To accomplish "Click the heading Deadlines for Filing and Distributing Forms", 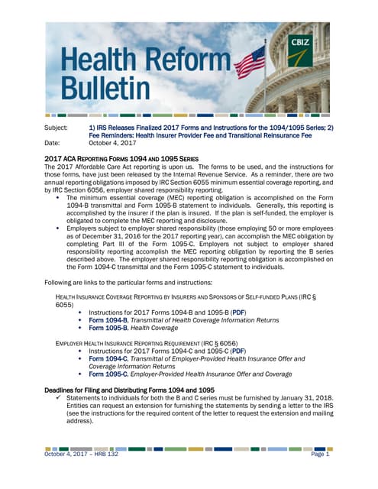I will (130, 390).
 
